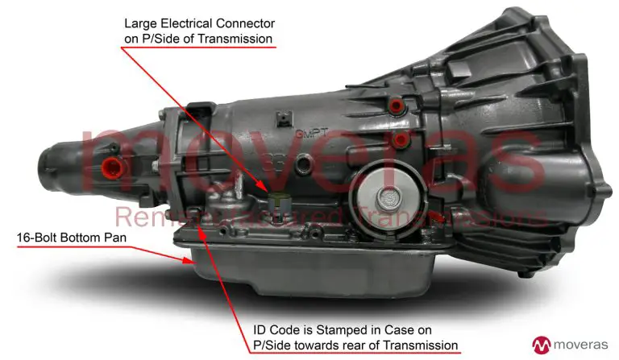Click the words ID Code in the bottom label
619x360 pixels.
pos(270,329)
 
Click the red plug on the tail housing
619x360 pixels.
pos(110,167)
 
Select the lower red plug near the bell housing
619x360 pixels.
pos(398,141)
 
